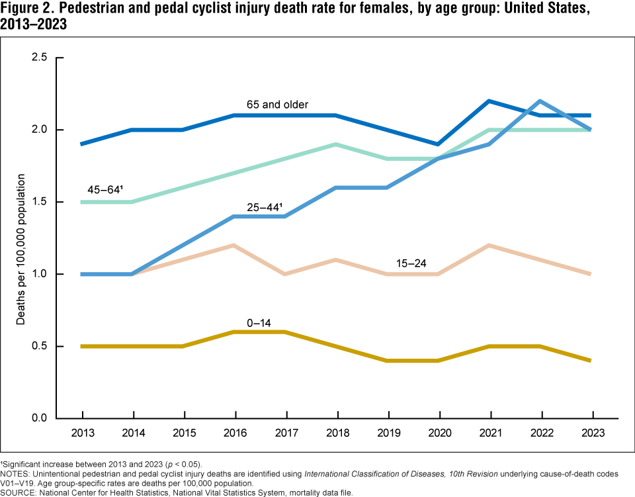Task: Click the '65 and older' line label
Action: [x=277, y=105]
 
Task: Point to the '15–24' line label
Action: [x=410, y=263]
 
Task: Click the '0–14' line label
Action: [x=259, y=323]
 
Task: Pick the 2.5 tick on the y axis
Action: [x=40, y=58]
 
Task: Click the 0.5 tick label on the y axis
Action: [x=40, y=347]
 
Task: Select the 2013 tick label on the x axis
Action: [x=83, y=433]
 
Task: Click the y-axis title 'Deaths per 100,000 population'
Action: [x=21, y=248]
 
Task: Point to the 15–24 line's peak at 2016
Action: [x=235, y=246]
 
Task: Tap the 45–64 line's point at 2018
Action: [x=336, y=144]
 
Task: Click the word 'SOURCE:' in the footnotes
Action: [x=19, y=492]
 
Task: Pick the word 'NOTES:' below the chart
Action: [x=16, y=473]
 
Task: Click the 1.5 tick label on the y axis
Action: [x=40, y=202]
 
